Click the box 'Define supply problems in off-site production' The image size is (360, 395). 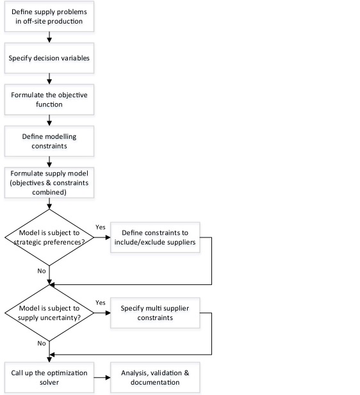49,17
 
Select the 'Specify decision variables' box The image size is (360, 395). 49,58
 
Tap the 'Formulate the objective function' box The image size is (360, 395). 49,99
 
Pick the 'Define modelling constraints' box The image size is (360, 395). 49,141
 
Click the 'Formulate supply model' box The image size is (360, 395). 49,182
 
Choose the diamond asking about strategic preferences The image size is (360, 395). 49,238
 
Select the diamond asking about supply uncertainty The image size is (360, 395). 49,313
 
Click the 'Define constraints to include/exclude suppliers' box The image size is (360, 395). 155,238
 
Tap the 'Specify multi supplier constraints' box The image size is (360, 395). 155,313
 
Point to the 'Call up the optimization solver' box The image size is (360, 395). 49,377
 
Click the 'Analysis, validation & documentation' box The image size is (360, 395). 155,377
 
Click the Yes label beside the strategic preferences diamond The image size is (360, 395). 101,227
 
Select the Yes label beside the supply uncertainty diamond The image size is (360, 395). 101,303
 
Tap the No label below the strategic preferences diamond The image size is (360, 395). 42,271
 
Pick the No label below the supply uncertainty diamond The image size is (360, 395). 42,343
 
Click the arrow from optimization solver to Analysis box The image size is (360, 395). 102,377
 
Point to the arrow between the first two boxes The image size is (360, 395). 49,37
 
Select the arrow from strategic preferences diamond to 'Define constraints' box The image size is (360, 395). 102,238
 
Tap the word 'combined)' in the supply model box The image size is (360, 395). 49,192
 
